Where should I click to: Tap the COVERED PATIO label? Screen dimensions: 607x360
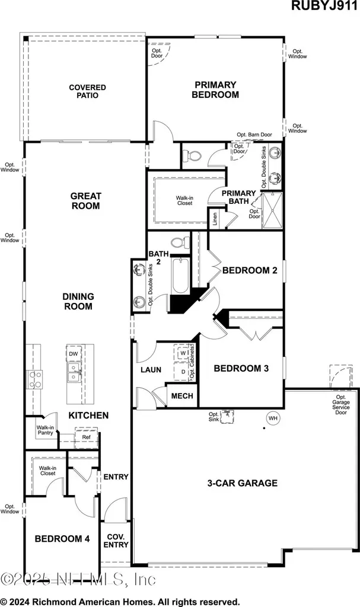coord(83,91)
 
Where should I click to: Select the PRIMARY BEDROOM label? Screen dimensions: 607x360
coord(215,90)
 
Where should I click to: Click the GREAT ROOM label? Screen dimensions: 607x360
coord(85,201)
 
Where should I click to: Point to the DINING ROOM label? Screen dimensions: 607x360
coord(78,302)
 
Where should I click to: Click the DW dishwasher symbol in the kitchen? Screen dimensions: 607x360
coord(74,354)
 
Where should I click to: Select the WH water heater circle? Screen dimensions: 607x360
coord(273,418)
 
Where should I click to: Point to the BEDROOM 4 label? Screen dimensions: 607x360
coord(62,539)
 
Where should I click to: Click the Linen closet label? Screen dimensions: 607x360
coord(214,218)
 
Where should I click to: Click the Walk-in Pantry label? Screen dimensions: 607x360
coord(45,430)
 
